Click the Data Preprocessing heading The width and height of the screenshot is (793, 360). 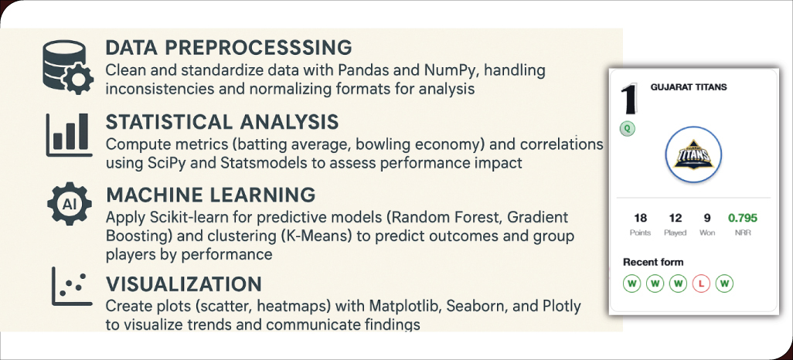coord(228,48)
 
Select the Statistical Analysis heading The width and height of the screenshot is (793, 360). coord(222,123)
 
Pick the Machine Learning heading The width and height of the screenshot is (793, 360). coord(210,194)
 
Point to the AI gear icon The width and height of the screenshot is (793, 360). coord(66,205)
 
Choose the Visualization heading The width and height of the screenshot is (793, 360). coord(183,284)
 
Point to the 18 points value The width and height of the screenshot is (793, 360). coord(640,219)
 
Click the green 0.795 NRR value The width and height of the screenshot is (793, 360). coord(742,219)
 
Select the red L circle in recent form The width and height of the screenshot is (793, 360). coord(701,284)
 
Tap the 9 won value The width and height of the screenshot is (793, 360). coord(706,219)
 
